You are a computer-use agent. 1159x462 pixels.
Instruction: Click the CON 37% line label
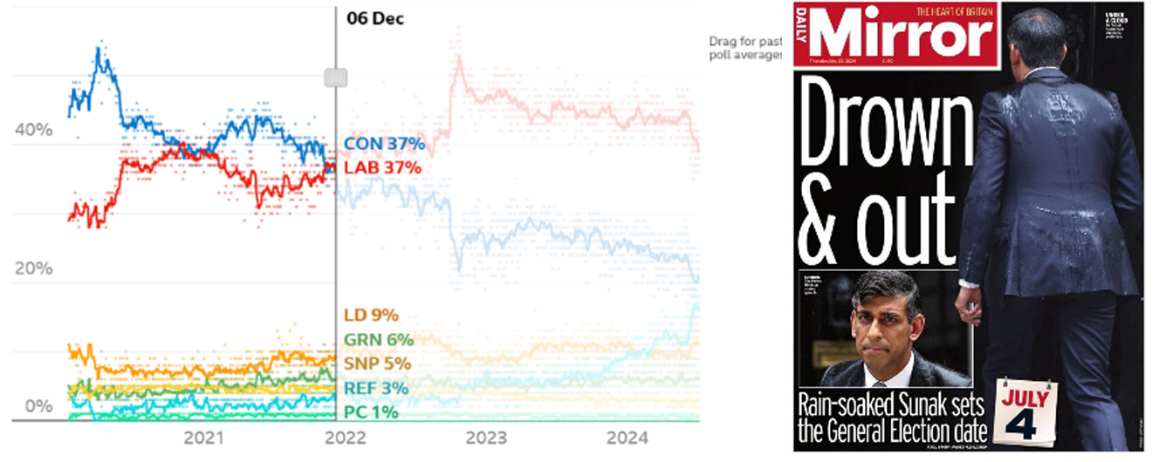click(x=384, y=144)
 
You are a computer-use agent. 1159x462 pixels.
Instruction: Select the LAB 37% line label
click(x=383, y=167)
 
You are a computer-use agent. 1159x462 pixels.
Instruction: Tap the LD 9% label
click(x=371, y=316)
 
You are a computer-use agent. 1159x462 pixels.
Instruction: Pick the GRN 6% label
click(x=379, y=340)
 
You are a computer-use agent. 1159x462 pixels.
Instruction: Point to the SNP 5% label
click(x=377, y=363)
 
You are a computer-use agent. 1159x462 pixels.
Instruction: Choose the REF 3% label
click(x=375, y=388)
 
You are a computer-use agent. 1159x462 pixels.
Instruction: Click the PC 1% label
click(x=371, y=411)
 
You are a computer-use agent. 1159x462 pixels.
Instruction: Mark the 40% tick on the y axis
click(x=33, y=130)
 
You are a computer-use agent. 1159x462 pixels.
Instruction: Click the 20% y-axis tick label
click(x=33, y=268)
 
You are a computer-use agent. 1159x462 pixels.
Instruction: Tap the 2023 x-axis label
click(x=487, y=438)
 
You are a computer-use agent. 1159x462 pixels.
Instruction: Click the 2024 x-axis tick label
click(x=627, y=438)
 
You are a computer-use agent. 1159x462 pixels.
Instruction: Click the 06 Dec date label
click(x=375, y=18)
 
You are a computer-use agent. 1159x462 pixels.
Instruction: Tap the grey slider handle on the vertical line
click(x=336, y=78)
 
